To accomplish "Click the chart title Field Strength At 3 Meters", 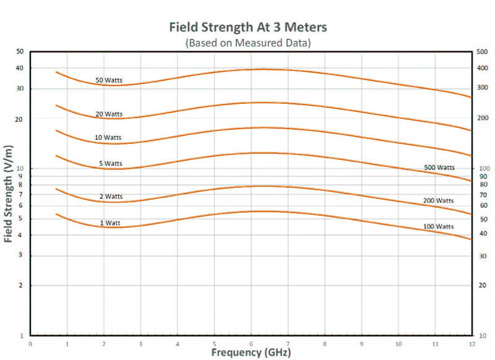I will [x=247, y=28].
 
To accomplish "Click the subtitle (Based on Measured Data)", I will [x=247, y=43].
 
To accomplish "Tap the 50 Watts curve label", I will [x=109, y=80].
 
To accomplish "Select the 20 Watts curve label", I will [x=109, y=114].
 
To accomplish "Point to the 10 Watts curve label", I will [x=109, y=137].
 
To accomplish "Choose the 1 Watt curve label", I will [x=110, y=222].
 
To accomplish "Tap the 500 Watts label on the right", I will [x=439, y=168].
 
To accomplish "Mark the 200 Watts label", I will [x=439, y=201].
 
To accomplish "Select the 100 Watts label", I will [x=439, y=227].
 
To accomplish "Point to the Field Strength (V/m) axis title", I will [x=9, y=193].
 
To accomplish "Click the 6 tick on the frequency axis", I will [x=251, y=343].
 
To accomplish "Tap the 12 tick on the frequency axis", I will [x=471, y=343].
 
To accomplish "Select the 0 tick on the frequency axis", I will [x=30, y=343].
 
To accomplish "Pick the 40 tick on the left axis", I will [x=20, y=68].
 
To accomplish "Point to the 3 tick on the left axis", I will [x=22, y=255].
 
